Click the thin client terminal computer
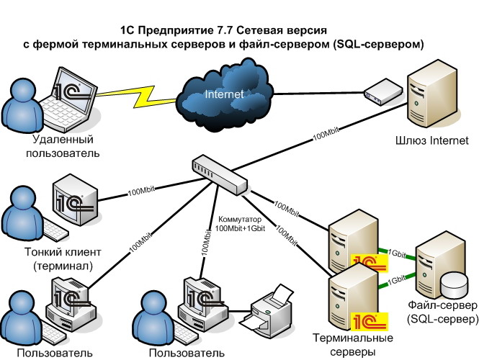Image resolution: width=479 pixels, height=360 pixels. pyautogui.click(x=76, y=201)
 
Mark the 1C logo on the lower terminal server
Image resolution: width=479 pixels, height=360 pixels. pyautogui.click(x=368, y=318)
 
